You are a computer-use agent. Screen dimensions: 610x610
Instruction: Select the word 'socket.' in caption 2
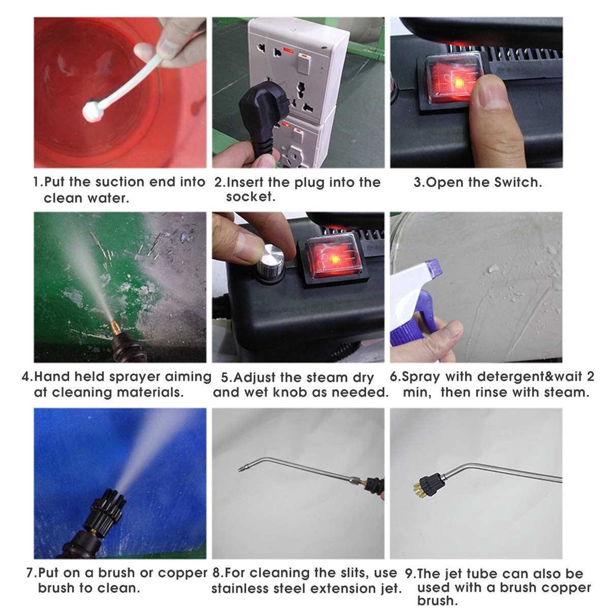(x=251, y=197)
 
